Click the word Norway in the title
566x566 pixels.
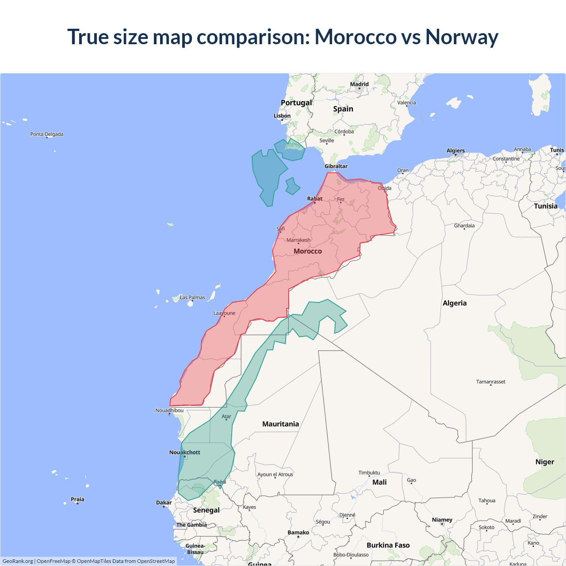pos(462,37)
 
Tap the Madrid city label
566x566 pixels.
pos(359,84)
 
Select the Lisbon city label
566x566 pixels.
pos(282,116)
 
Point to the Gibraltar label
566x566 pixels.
pos(336,166)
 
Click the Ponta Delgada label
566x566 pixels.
pos(47,134)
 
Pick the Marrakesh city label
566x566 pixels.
pos(298,240)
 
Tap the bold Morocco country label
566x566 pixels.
pos(308,251)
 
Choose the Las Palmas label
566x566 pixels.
pos(192,298)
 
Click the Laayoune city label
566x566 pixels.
pos(224,313)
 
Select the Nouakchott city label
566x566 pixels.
pos(185,452)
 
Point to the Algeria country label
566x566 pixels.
pos(455,303)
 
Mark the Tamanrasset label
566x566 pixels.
pos(491,382)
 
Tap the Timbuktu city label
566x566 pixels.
pos(369,473)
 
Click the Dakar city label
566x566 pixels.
pos(164,502)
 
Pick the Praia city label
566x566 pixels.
pos(77,499)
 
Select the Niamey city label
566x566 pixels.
pos(442,520)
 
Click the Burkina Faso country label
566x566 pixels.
pos(388,545)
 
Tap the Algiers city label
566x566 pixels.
pos(455,150)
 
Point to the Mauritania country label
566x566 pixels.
pos(281,424)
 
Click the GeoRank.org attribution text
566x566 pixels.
pos(18,561)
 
